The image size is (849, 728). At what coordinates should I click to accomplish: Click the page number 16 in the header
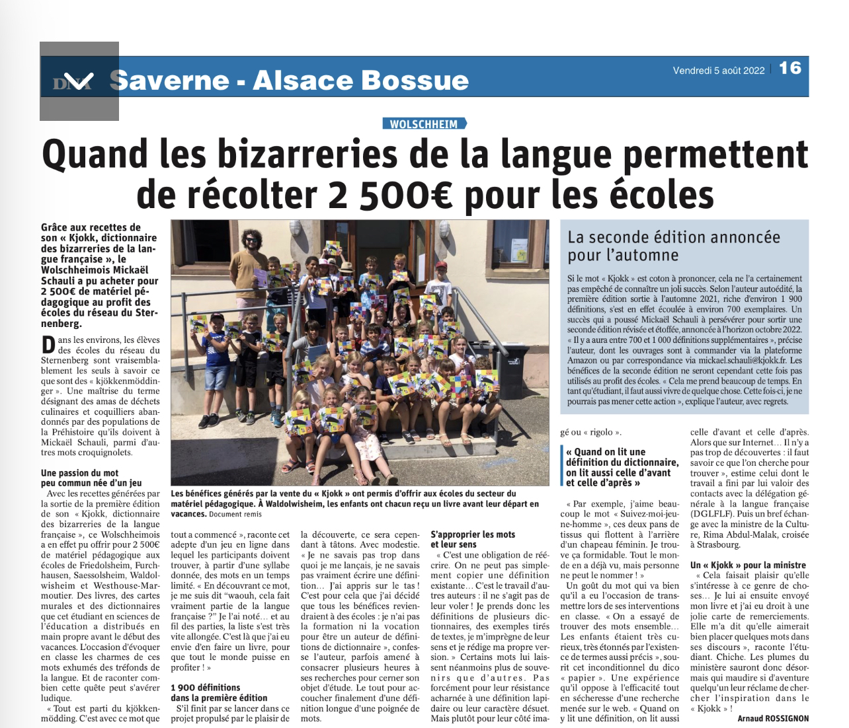(790, 68)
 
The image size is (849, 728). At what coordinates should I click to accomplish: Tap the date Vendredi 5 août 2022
(719, 70)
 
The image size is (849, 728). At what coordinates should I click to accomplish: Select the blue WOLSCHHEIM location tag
(424, 124)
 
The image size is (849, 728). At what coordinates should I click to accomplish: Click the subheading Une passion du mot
(80, 473)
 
